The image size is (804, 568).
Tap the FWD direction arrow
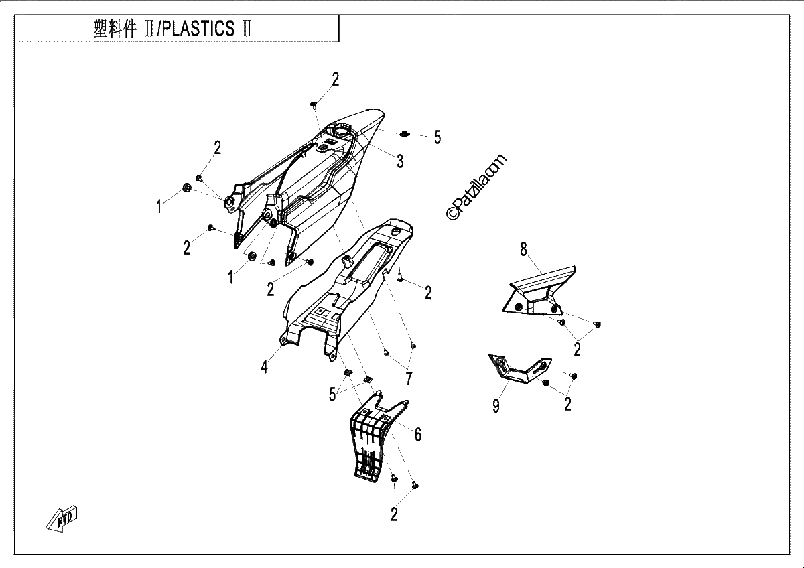[62, 518]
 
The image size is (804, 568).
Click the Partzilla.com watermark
[476, 188]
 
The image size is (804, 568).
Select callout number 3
[400, 161]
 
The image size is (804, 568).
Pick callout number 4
[264, 367]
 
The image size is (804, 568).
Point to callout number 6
[418, 435]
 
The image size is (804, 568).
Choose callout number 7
[409, 378]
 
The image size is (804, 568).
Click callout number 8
[524, 249]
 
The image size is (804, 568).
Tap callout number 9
[496, 406]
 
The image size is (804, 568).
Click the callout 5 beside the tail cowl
[437, 137]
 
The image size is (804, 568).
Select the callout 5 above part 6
[332, 395]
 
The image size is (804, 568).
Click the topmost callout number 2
[335, 79]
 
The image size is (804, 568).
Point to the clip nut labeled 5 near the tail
[405, 134]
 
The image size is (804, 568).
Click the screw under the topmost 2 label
[314, 104]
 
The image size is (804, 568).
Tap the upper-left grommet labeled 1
[187, 188]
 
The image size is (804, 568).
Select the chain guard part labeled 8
[539, 291]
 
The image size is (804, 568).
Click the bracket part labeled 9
[519, 370]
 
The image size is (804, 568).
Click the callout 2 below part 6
[394, 514]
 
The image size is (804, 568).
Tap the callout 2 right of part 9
[567, 404]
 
